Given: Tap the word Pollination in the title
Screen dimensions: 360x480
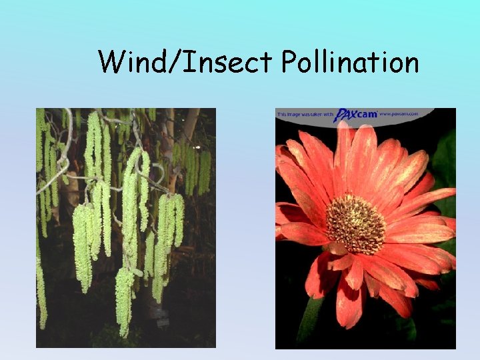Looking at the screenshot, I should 350,63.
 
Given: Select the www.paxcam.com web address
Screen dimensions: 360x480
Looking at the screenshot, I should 400,114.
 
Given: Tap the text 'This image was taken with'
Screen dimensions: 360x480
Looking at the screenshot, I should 303,115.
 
